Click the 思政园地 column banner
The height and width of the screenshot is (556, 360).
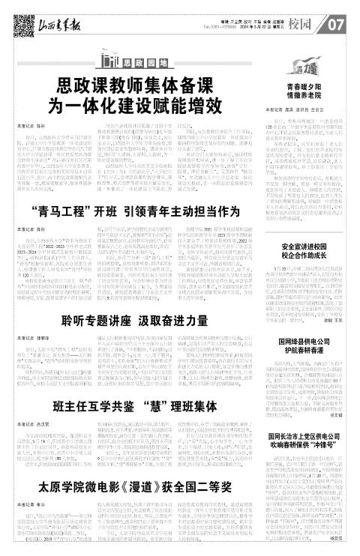142,61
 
